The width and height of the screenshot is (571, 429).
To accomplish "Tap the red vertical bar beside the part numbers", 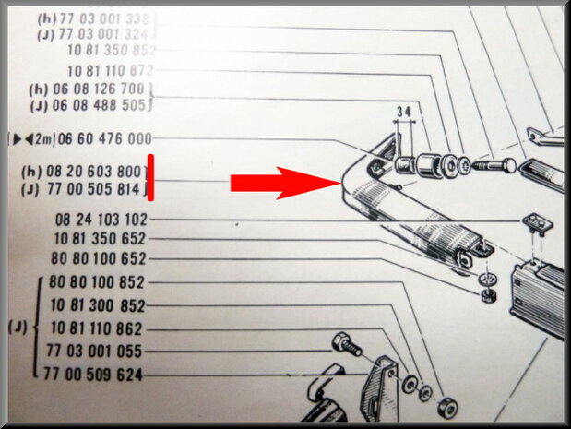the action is point(150,177).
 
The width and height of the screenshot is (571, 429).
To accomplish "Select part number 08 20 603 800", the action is point(93,172).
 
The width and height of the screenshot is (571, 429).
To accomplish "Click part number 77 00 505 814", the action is point(93,189).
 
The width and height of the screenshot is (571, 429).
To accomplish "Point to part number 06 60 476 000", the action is point(105,138).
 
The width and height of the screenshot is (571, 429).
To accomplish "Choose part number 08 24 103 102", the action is point(101,220).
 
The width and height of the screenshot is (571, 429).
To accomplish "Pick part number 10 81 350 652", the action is point(100,239).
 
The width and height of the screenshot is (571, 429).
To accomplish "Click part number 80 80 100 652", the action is point(99,258).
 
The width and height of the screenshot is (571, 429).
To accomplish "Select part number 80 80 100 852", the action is point(97,282).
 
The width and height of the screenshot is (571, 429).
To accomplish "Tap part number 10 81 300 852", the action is point(98,305).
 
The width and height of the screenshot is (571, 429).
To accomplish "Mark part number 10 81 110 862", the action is point(96,328).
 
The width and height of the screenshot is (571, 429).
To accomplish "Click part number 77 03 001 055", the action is point(94,352).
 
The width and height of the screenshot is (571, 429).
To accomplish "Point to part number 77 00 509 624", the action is point(93,375).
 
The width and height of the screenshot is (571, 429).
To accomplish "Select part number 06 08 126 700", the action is point(99,89).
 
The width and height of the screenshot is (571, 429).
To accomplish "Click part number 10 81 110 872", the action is point(111,70).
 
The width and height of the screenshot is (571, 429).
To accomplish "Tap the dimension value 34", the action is point(403,111).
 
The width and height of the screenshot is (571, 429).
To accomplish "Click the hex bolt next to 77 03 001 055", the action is point(347,344).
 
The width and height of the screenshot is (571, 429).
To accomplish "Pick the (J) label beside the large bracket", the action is point(18,328).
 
